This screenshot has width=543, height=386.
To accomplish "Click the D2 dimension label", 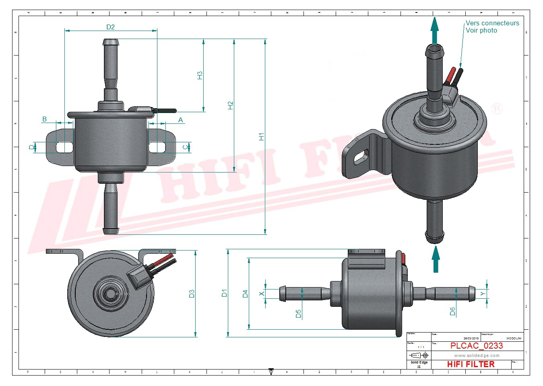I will coord(110,27).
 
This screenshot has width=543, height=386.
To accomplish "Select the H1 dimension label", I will coord(261,137).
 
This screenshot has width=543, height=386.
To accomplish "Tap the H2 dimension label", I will coord(230,105).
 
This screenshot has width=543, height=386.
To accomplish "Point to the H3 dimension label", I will coord(200,75).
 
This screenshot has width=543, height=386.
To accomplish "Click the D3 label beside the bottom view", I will coord(192,294).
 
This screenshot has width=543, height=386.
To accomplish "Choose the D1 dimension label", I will coord(224,293).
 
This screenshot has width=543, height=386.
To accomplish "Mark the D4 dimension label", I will coord(245,294).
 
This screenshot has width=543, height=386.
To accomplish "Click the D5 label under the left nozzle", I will coord(298,314).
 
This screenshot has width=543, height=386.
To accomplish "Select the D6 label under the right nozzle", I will coord(452,311).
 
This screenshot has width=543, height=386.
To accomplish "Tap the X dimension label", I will coord(262,294).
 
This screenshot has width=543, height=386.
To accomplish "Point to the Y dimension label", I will coord(483,294).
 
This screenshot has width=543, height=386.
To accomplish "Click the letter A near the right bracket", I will coord(180,120).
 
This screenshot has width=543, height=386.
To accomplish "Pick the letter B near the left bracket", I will coord(44,119).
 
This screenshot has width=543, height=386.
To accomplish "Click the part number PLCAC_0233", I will coord(476,346).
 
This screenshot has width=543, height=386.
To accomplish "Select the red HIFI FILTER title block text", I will coord(471,364).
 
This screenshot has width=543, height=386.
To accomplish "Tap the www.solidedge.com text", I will coord(477,355).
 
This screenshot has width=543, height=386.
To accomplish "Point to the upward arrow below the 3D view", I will coord(436,259).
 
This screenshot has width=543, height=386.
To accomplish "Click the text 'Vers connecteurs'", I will coord(492,23).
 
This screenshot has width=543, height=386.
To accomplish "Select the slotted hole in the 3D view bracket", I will coord(361,157).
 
